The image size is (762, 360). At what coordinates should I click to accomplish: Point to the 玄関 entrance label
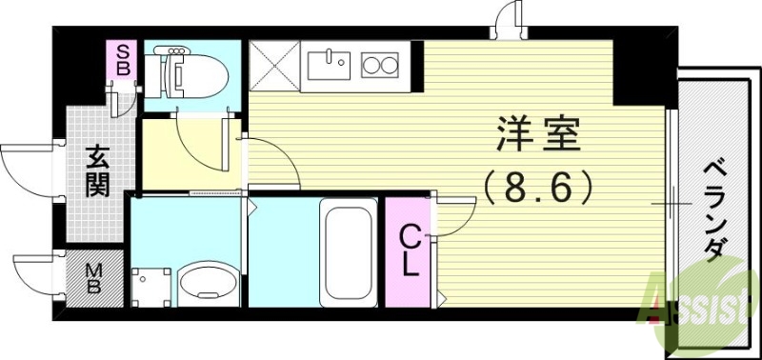(95, 170)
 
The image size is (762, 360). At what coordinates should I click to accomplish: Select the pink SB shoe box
(123, 61)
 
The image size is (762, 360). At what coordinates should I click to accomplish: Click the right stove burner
(392, 66)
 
